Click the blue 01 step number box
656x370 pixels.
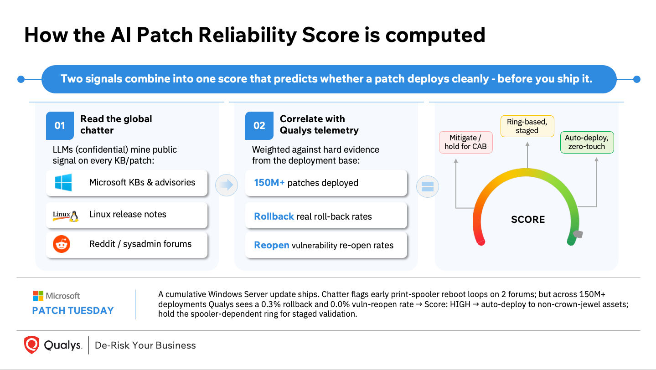coord(60,126)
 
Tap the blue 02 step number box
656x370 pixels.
coord(259,126)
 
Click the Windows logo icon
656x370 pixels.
coord(63,182)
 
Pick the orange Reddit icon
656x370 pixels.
coord(62,244)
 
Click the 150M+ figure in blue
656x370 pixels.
coord(269,183)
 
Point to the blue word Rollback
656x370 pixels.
coord(274,216)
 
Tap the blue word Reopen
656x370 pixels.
coord(272,245)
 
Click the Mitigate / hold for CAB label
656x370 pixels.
coord(465,142)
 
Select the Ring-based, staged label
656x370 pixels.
coord(527,126)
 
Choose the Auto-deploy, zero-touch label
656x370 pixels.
coord(587,142)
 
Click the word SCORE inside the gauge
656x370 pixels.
coord(528,219)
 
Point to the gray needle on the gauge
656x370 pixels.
coord(578,234)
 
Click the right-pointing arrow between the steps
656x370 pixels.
coord(227,185)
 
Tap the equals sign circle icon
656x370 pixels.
coord(427,186)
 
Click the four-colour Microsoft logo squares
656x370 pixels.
coord(38,296)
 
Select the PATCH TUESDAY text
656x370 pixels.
coord(73,311)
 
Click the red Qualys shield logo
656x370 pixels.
coord(31,345)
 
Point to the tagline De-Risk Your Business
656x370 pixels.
coord(145,345)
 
